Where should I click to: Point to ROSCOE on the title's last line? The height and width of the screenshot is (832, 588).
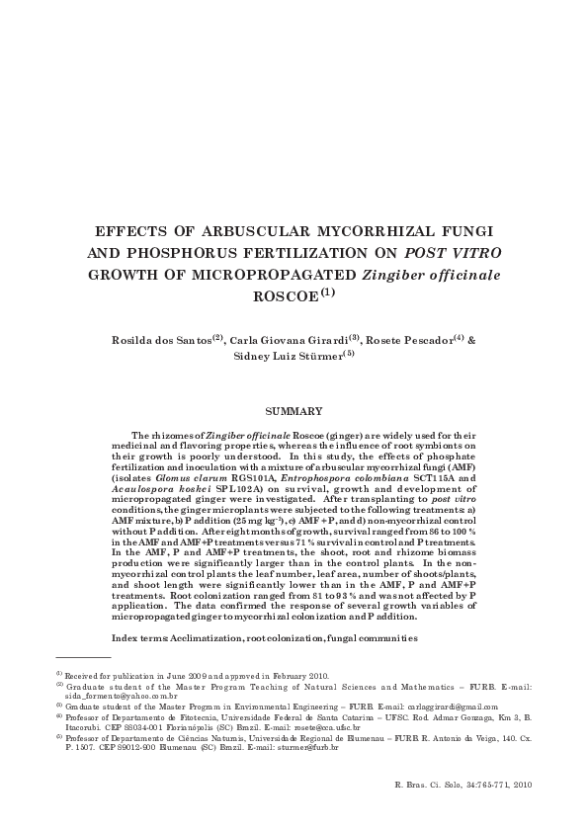(x=283, y=295)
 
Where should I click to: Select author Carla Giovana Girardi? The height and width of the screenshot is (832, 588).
(x=289, y=341)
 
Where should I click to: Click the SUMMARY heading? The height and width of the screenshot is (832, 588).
(x=294, y=410)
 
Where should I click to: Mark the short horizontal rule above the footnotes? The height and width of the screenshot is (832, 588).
(x=83, y=656)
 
